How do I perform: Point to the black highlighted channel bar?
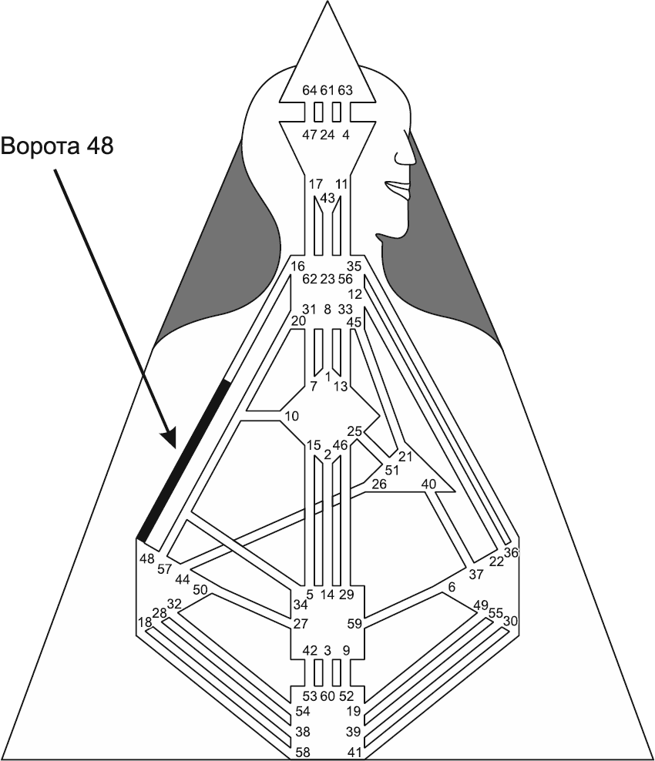coord(183,458)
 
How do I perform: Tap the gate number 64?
coord(309,90)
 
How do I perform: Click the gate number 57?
coord(164,569)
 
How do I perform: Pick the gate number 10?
coord(291,416)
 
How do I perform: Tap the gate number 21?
coord(405,456)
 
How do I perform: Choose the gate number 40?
coord(428,484)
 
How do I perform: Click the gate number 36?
coord(512,551)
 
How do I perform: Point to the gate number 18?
coord(144,622)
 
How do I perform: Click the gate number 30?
coord(510,620)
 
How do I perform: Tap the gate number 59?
coord(354,623)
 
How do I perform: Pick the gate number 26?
coord(378,484)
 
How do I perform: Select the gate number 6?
coord(452,587)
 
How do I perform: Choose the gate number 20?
coord(298,320)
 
